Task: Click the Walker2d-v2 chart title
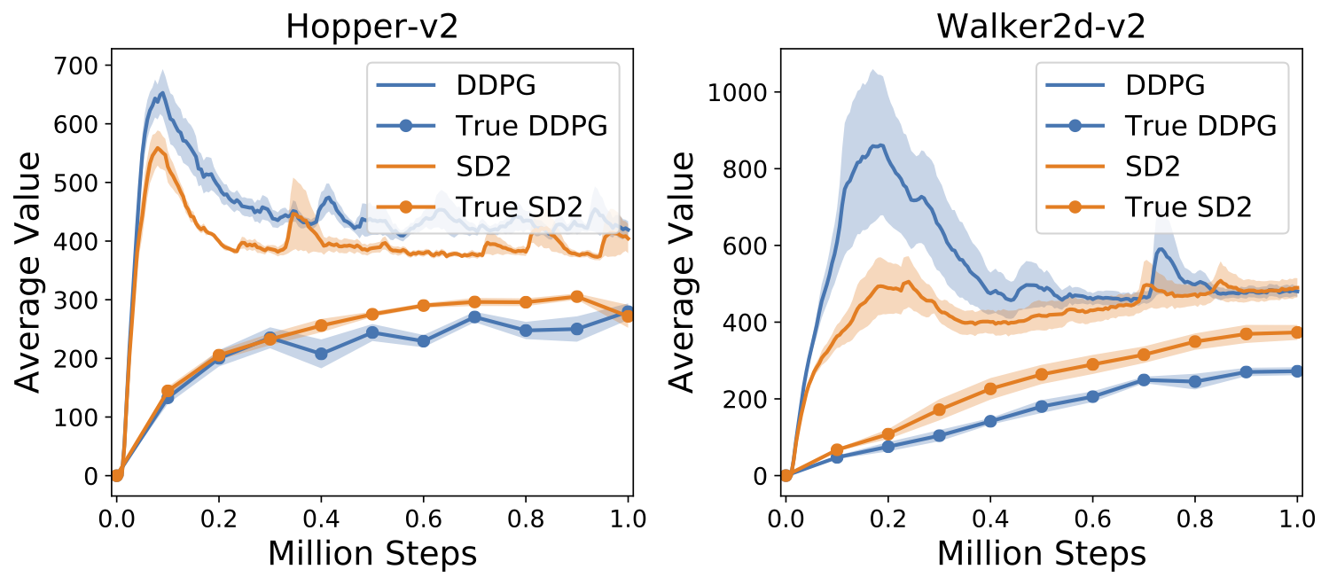(1041, 27)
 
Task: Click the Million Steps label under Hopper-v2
(372, 554)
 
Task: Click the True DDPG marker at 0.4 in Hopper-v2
(321, 354)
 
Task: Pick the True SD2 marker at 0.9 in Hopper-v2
(576, 297)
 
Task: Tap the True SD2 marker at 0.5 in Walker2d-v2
(1042, 374)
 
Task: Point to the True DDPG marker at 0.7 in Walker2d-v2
(1144, 379)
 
